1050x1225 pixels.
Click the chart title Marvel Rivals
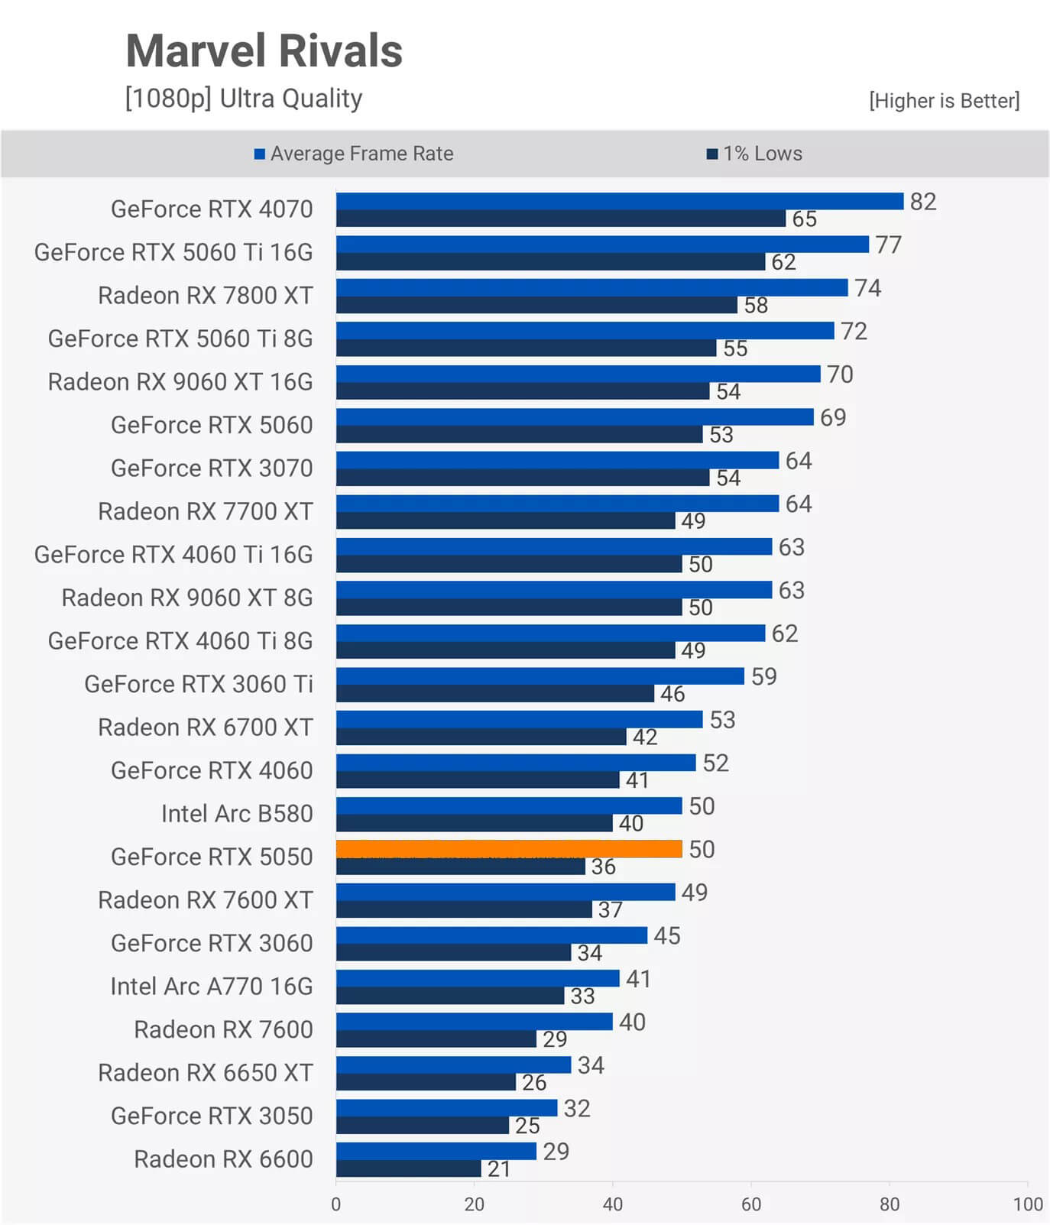point(264,51)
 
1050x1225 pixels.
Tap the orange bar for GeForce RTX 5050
point(508,848)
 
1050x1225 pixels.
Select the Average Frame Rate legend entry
point(354,154)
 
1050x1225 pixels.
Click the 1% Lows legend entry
point(754,154)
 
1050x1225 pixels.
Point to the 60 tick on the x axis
point(750,1204)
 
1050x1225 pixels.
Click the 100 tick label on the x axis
point(1027,1204)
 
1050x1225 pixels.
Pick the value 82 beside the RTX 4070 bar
point(922,201)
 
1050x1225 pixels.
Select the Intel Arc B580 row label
point(237,813)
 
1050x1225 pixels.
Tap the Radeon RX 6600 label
point(223,1159)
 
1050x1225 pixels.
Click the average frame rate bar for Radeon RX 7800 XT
point(591,287)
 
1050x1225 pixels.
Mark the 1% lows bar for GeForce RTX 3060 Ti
point(494,693)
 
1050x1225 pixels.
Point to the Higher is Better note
point(944,101)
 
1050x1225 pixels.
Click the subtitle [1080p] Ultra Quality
point(244,99)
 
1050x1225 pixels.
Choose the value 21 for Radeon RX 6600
point(498,1168)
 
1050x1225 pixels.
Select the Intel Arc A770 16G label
point(212,986)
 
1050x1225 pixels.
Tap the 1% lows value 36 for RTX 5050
point(603,867)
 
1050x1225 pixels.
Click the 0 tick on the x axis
point(336,1204)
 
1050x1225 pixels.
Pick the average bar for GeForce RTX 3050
point(446,1107)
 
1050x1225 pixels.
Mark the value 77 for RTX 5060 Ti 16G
point(888,245)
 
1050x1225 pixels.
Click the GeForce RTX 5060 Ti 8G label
point(180,338)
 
